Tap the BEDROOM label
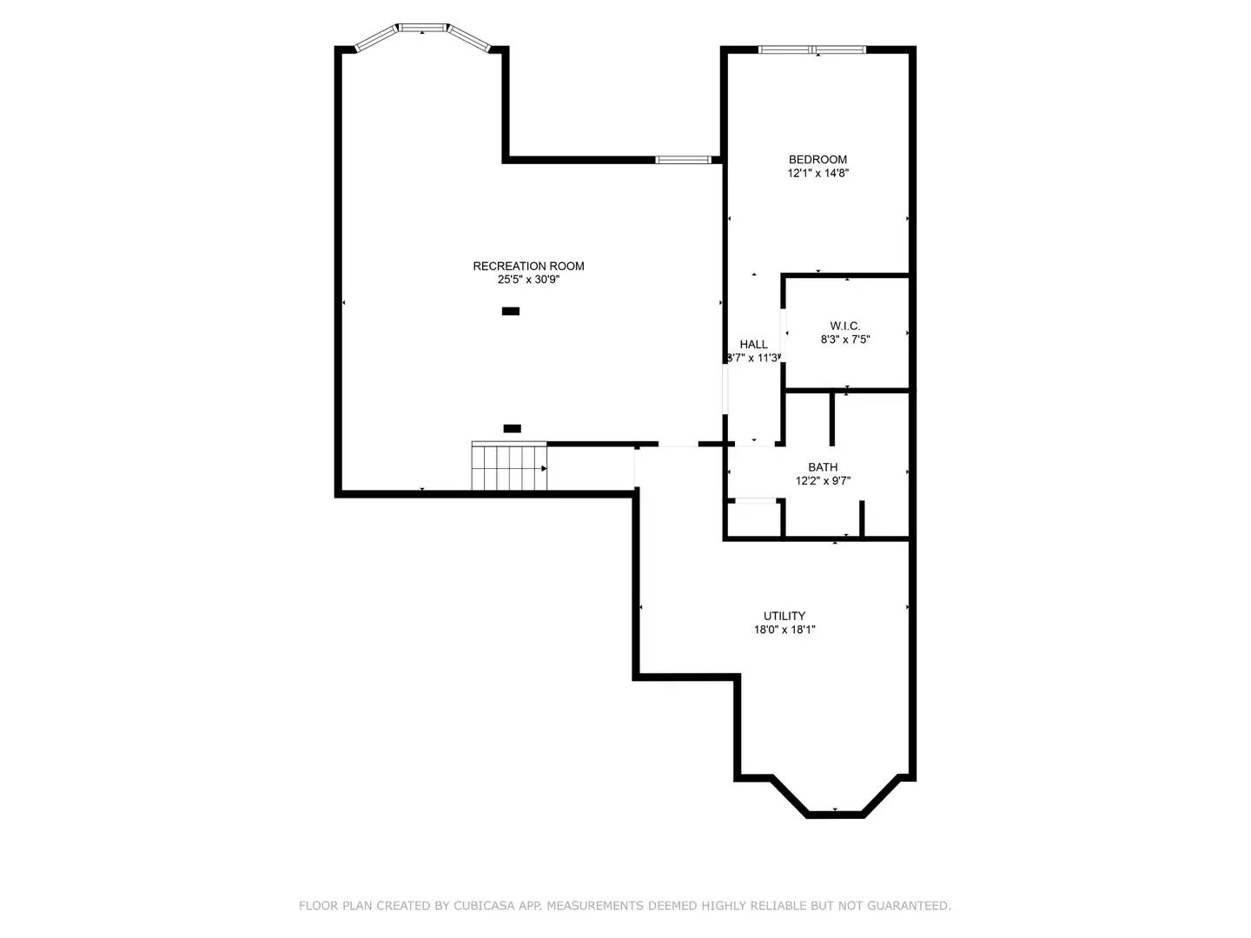tap(817, 160)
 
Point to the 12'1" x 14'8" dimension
tap(817, 174)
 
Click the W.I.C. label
tap(844, 327)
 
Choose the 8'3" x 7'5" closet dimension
tap(844, 340)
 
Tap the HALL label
tap(753, 345)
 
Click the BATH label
tap(823, 467)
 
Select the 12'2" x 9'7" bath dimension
tap(823, 481)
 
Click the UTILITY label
tap(784, 617)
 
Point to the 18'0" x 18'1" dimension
tap(784, 631)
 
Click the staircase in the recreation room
tap(508, 467)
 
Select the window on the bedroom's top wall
tap(812, 50)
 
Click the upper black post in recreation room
tap(511, 311)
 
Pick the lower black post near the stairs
tap(513, 428)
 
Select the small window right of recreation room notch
tap(683, 160)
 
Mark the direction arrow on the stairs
tap(544, 469)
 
